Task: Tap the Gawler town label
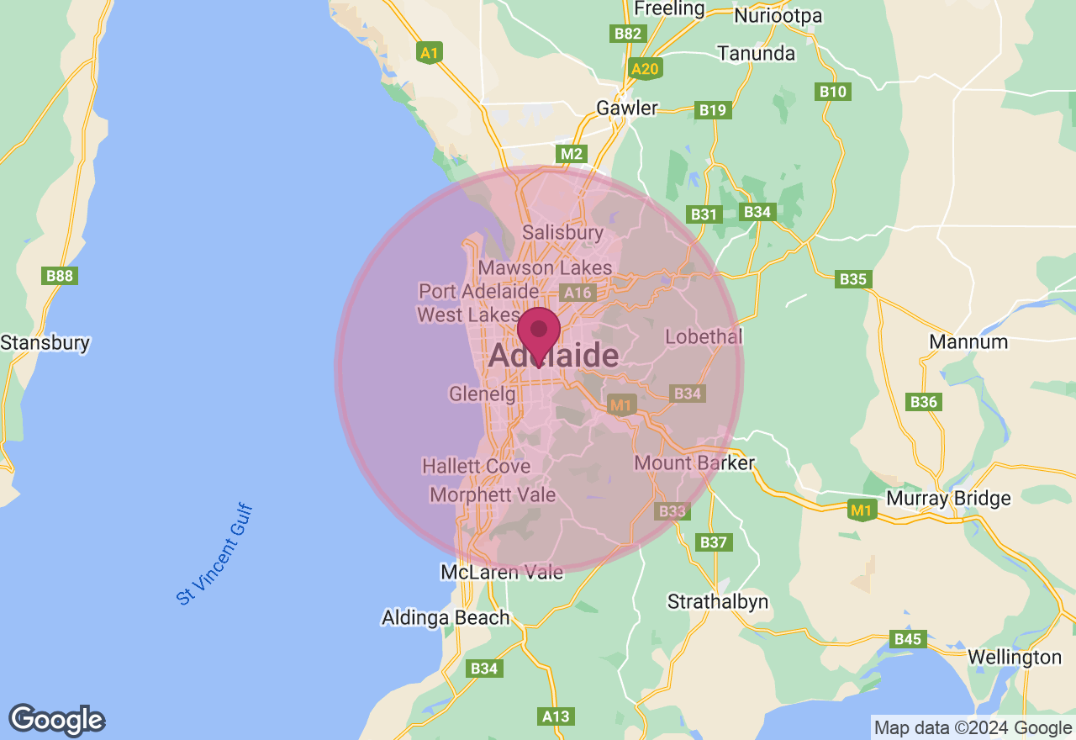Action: click(626, 108)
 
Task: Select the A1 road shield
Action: click(430, 53)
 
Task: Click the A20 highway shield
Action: click(645, 69)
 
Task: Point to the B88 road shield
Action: click(61, 275)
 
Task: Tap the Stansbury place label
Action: click(45, 343)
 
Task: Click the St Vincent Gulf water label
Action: click(215, 555)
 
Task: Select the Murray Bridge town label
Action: click(948, 498)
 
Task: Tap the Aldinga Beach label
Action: click(446, 617)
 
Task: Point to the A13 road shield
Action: click(556, 716)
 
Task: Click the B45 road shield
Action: click(908, 639)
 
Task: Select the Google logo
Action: click(56, 720)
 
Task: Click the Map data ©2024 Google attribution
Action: click(973, 728)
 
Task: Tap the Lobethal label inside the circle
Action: click(704, 336)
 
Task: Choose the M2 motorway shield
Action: click(572, 154)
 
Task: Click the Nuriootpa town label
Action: click(778, 15)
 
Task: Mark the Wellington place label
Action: click(1015, 657)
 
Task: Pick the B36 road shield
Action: click(923, 402)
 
